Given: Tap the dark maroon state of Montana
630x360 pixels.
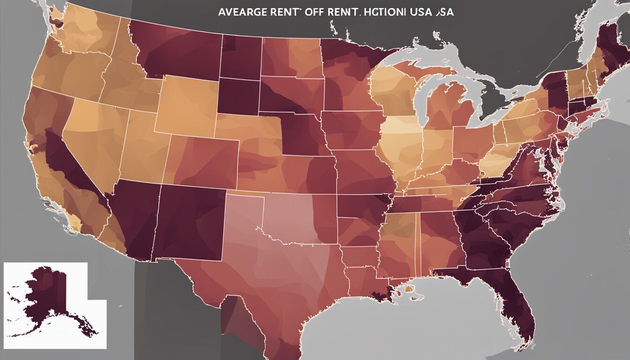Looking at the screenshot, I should tap(178, 52).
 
